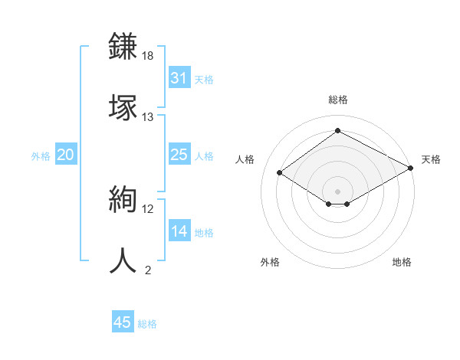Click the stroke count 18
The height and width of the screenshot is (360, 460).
point(148,57)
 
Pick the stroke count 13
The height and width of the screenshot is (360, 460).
point(148,117)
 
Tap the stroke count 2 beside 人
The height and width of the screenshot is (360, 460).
point(148,270)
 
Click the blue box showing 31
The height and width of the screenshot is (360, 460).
point(179,78)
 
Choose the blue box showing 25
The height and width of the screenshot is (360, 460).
point(179,155)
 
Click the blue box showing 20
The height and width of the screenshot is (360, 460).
point(65,155)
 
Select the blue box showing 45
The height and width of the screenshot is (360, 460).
point(122,322)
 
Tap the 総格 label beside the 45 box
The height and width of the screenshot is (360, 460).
point(147,324)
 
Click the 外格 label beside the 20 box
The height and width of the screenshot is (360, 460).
point(41,156)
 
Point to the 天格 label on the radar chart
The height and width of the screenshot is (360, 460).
point(431,159)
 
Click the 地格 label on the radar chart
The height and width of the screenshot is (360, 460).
point(402,262)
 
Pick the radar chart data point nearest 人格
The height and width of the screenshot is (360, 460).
point(280,173)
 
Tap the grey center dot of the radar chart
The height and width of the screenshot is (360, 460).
point(338,191)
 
